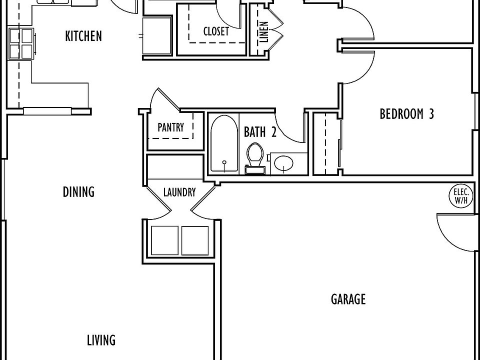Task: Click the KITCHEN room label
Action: [x=83, y=36]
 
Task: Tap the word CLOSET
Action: [x=216, y=31]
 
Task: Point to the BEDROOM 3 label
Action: [x=406, y=114]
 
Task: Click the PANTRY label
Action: [x=170, y=127]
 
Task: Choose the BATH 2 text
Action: [x=260, y=132]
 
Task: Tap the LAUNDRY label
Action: [x=179, y=192]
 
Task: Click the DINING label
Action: [x=78, y=192]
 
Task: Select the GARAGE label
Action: [x=348, y=299]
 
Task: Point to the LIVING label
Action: [x=101, y=340]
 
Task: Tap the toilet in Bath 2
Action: [x=254, y=157]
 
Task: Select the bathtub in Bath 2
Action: [x=224, y=144]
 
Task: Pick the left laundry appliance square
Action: [x=164, y=240]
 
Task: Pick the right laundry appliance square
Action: [x=194, y=240]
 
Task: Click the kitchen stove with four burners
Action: [x=20, y=43]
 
